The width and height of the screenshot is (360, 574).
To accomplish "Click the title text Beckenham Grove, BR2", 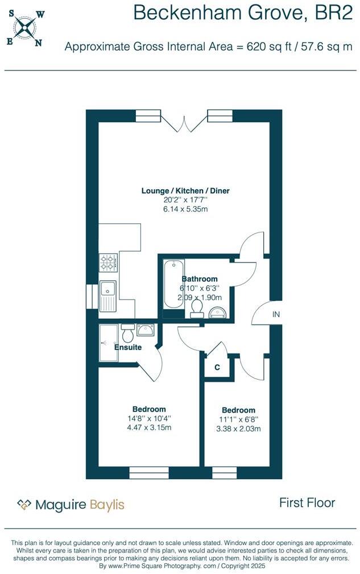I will click(x=243, y=13).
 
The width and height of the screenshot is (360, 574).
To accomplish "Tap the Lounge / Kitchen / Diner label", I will click(x=185, y=191).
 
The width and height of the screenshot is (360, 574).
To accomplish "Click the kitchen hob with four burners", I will click(x=108, y=262).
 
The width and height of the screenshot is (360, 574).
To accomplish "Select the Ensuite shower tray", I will click(x=109, y=343).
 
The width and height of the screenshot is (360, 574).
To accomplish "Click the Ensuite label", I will click(x=128, y=347).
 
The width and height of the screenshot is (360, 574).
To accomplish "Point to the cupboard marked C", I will click(x=217, y=367).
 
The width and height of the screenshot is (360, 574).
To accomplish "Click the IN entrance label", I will click(x=276, y=314).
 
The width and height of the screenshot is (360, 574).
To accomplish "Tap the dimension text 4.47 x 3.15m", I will click(x=148, y=427).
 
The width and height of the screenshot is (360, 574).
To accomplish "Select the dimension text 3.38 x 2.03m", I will click(x=238, y=429).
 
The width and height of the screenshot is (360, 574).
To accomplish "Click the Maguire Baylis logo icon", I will click(x=24, y=504).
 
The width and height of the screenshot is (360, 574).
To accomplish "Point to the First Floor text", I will click(x=307, y=502).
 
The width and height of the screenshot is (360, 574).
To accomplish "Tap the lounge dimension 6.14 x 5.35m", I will click(x=185, y=209).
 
